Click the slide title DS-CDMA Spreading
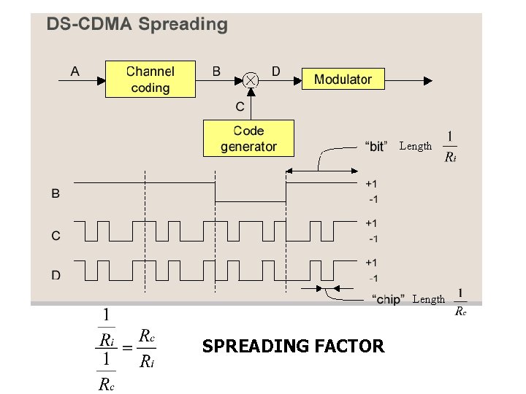tap(137, 24)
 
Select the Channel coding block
tap(150, 80)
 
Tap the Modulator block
tap(343, 79)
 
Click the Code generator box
tap(248, 139)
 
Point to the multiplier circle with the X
tap(251, 79)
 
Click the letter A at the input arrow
tap(75, 72)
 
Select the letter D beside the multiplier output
tap(275, 71)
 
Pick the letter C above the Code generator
tap(240, 107)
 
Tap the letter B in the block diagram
tap(216, 72)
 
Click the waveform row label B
tap(56, 193)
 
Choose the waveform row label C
tap(56, 235)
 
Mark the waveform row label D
tap(56, 275)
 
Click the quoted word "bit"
tap(376, 146)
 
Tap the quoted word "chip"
tap(389, 299)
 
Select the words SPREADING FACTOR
tap(293, 347)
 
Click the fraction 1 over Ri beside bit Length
tap(450, 146)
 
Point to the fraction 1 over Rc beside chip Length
tap(460, 302)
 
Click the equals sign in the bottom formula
tap(126, 349)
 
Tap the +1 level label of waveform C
tap(372, 223)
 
